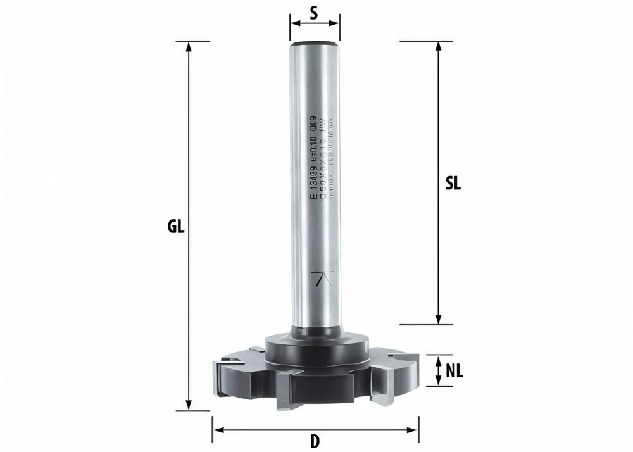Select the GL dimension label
177,227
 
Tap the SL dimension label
453,184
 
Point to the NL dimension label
454,371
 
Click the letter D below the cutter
315,439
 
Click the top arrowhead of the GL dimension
188,46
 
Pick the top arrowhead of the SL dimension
437,46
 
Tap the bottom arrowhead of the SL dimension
437,320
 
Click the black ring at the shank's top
315,44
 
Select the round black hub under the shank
315,347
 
